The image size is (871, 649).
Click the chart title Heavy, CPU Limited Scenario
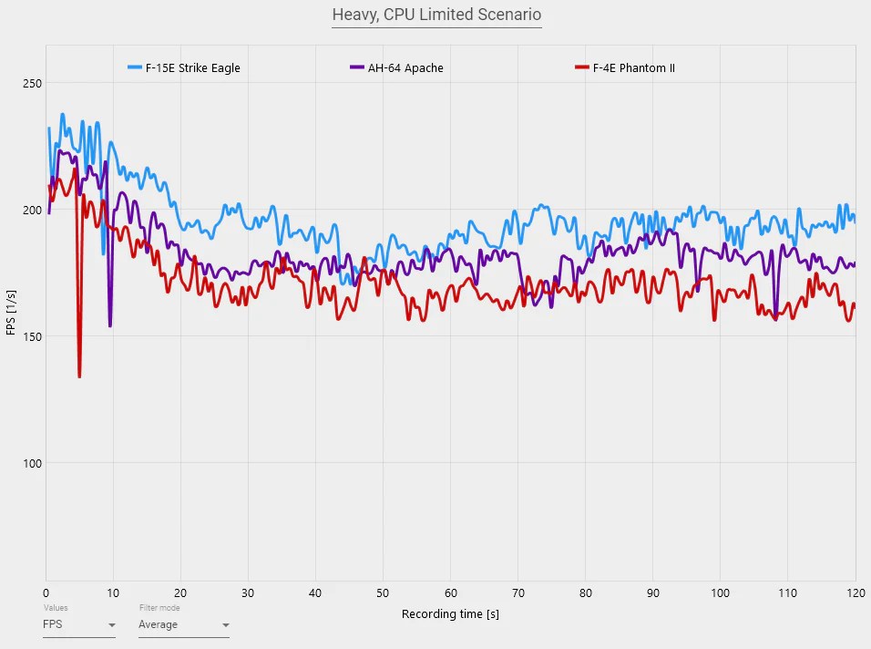tap(436, 15)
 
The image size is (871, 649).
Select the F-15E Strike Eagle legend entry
tap(192, 67)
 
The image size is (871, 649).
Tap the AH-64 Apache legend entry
tap(405, 67)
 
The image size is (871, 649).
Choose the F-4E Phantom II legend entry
tap(633, 67)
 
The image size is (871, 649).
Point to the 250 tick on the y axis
tap(32, 84)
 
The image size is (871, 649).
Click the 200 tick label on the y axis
tap(32, 211)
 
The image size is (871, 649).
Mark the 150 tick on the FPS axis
tap(32, 336)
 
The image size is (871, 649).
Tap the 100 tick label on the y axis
tap(32, 463)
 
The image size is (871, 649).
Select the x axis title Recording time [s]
tap(450, 614)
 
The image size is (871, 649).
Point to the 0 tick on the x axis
tap(46, 590)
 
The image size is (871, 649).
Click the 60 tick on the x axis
tap(451, 590)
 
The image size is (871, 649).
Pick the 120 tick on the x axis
tap(854, 590)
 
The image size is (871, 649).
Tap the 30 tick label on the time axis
tap(249, 590)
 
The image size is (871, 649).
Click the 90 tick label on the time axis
tap(653, 590)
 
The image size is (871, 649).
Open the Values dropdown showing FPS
tap(79, 625)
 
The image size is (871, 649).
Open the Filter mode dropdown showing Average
tap(183, 625)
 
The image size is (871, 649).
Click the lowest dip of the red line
tap(79, 376)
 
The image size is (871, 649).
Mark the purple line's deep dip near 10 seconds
tap(110, 324)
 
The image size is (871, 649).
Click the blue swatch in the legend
tap(135, 67)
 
